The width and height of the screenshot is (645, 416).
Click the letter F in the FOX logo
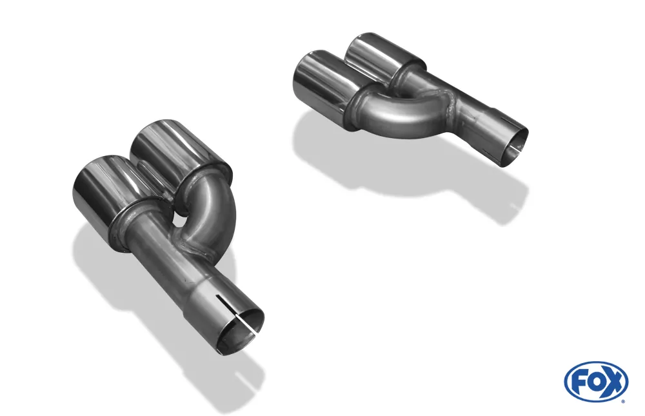click(579, 382)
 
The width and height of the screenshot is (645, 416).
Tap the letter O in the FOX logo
click(595, 382)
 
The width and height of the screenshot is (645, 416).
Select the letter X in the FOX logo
click(613, 382)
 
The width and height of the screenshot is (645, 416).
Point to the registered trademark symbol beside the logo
click(622, 401)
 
